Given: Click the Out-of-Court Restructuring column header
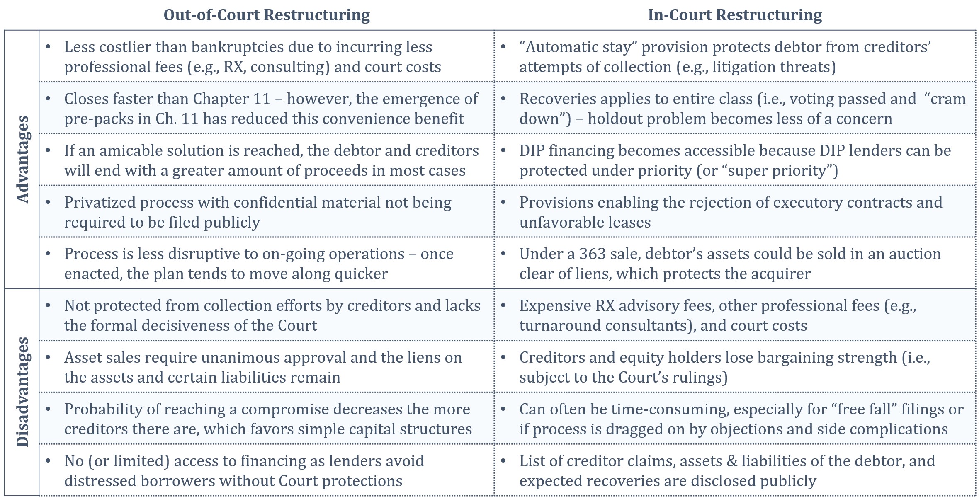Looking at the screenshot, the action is pyautogui.click(x=267, y=15).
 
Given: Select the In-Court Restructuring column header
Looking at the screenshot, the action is pyautogui.click(x=735, y=15).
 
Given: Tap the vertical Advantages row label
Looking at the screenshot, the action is pyautogui.click(x=22, y=160).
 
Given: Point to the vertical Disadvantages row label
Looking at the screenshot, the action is pyautogui.click(x=22, y=392).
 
